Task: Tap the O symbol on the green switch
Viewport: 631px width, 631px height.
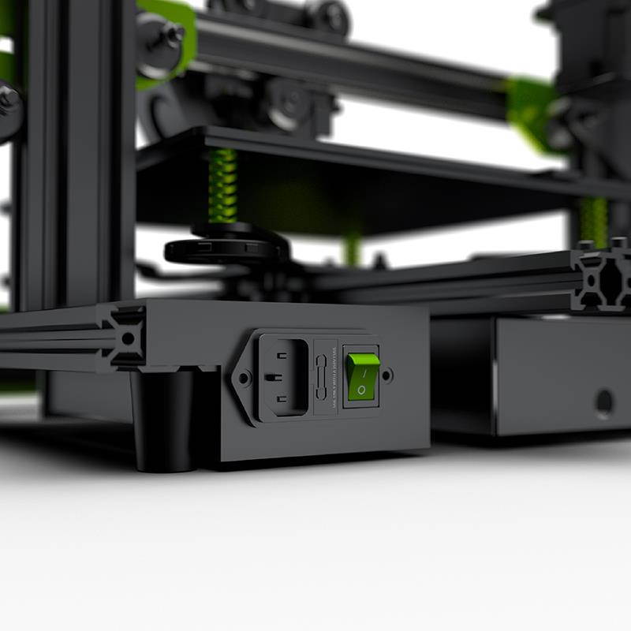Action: coord(361,390)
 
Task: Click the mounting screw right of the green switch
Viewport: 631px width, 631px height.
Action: coord(387,375)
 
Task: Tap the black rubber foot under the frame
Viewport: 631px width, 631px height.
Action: coord(165,422)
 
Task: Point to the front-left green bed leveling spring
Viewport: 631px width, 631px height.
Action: coord(223,187)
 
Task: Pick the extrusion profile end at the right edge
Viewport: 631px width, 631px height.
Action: coord(604,276)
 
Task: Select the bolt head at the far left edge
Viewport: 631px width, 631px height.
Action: coord(8,102)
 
